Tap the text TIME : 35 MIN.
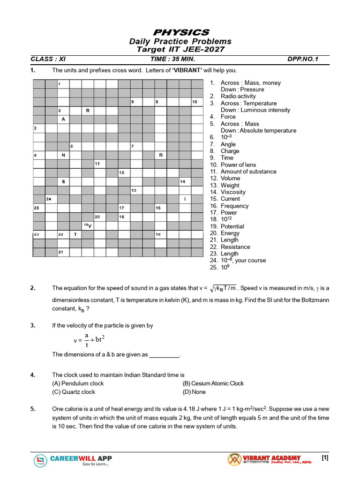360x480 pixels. pos(172,59)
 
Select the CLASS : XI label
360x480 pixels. pos(48,59)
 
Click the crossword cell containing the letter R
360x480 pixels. pos(88,111)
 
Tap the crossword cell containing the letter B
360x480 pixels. pos(161,155)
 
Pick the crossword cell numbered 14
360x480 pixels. pos(185,181)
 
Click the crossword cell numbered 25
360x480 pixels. pos(39,208)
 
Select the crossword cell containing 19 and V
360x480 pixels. pos(88,225)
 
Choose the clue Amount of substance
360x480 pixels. pos(248,172)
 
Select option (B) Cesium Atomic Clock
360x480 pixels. pos(213,383)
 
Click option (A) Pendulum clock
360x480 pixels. pos(78,383)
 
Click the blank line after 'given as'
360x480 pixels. pos(164,355)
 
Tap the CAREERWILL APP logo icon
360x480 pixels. pos(41,461)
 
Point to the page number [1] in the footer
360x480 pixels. pos(324,458)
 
